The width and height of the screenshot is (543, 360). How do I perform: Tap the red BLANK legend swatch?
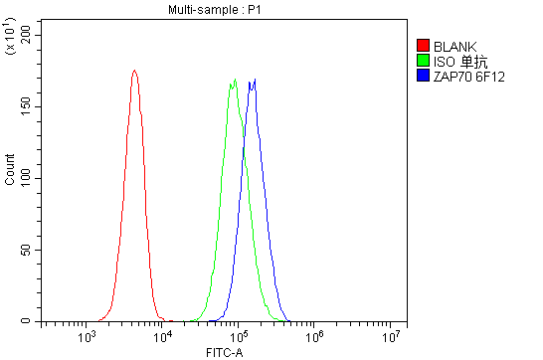coord(423,46)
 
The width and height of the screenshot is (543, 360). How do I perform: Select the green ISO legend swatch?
coord(423,61)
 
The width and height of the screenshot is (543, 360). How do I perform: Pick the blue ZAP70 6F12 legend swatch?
coord(423,76)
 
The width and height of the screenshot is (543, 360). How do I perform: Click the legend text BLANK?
coord(454,46)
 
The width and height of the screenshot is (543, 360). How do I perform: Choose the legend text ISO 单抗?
coord(459,61)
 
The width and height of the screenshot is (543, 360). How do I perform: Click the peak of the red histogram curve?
coord(133,71)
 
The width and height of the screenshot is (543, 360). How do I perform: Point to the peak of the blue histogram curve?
coord(255,80)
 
